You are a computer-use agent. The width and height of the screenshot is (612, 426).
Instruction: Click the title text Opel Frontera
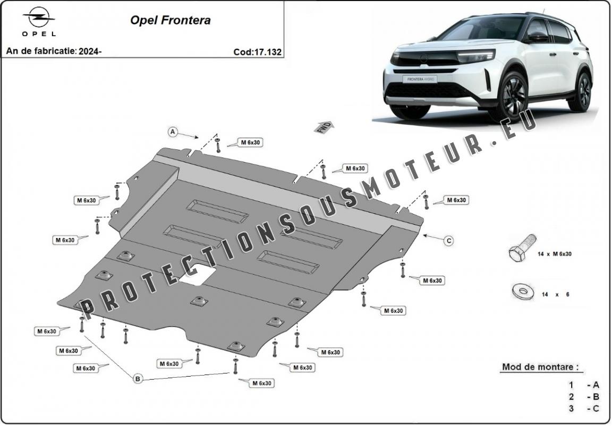tap(170, 20)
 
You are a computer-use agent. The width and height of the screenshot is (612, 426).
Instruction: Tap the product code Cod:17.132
tap(257, 52)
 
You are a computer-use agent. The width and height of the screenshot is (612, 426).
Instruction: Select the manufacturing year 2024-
tap(90, 51)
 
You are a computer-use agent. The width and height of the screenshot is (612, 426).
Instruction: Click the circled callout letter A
tap(173, 132)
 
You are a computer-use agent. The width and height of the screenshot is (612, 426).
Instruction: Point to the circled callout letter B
tap(138, 378)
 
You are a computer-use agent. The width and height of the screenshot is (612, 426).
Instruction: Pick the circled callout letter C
tap(449, 241)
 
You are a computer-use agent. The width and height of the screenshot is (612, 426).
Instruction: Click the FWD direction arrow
tap(324, 127)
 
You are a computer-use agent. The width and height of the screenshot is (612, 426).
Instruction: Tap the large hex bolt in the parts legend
tap(522, 248)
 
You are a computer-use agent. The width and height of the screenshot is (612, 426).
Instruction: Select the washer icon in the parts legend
tap(523, 292)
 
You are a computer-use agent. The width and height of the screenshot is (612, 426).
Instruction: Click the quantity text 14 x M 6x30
tap(554, 254)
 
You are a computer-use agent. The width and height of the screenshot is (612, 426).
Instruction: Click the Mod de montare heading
tap(540, 367)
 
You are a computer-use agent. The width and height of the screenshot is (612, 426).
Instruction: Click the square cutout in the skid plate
tap(198, 274)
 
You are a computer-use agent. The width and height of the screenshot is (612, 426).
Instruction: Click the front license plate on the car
tap(420, 79)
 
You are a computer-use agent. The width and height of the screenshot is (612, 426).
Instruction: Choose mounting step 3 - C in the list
tap(583, 409)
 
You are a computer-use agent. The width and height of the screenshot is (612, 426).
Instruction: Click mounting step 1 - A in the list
tap(583, 386)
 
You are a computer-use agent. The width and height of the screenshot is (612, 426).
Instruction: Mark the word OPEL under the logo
tap(39, 34)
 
